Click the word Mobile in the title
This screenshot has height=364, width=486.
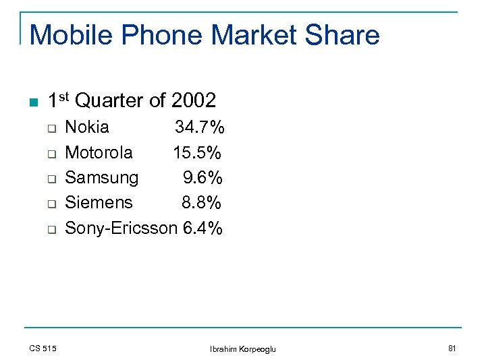point(72,35)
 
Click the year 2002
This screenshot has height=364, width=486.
point(194,101)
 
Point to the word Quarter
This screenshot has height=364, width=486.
point(109,101)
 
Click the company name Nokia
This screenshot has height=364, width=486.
point(87,127)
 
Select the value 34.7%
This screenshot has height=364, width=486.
point(200,127)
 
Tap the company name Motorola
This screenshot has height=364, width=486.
point(99,153)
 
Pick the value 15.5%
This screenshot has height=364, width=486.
point(198,153)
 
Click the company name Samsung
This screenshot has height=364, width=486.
point(101,178)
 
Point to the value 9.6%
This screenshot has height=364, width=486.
point(203,178)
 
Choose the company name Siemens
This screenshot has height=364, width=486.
point(99,202)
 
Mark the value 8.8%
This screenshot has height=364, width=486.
point(202,202)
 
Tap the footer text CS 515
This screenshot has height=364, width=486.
point(43,348)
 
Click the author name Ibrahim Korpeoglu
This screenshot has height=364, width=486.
point(243,348)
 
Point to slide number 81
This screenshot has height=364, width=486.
point(452,348)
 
